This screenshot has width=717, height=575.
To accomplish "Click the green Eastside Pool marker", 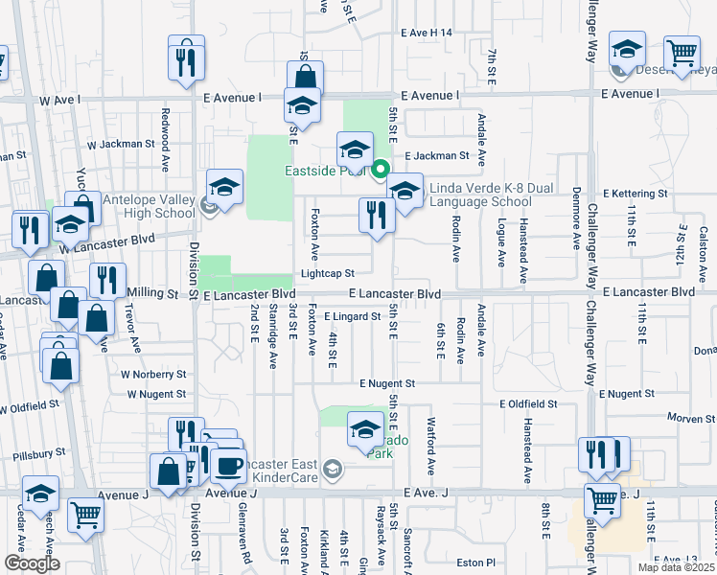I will (380, 171).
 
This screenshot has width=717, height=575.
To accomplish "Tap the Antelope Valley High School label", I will (149, 206).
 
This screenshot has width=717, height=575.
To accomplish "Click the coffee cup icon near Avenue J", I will (228, 467).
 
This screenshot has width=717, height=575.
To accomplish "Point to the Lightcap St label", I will (328, 273).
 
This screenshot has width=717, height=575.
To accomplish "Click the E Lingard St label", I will (352, 316).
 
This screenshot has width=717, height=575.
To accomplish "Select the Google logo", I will (32, 563).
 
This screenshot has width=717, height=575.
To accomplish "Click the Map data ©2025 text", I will (676, 567).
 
